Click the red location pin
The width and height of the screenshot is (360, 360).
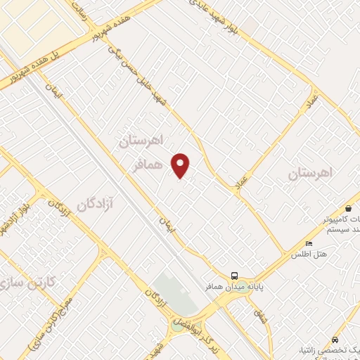click(x=181, y=165)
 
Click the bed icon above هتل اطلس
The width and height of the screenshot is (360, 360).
click(x=309, y=244)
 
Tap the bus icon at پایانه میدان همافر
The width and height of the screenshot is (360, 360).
click(x=235, y=276)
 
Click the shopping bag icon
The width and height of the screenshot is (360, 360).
click(x=349, y=208)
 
